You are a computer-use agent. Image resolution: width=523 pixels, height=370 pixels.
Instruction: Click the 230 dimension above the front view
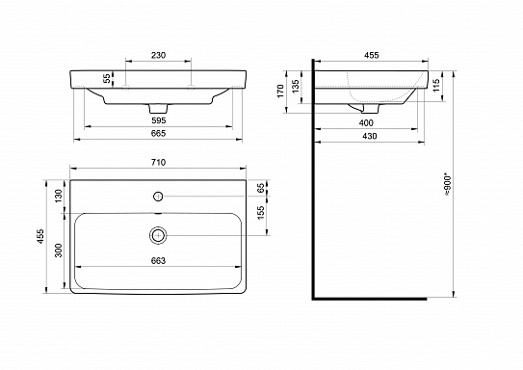(x=161, y=55)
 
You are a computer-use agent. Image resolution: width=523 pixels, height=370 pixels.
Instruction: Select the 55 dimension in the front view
(x=106, y=79)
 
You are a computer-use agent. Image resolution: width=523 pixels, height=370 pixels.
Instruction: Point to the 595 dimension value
(x=161, y=120)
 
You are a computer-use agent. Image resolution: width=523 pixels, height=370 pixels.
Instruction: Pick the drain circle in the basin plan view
(x=157, y=234)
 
